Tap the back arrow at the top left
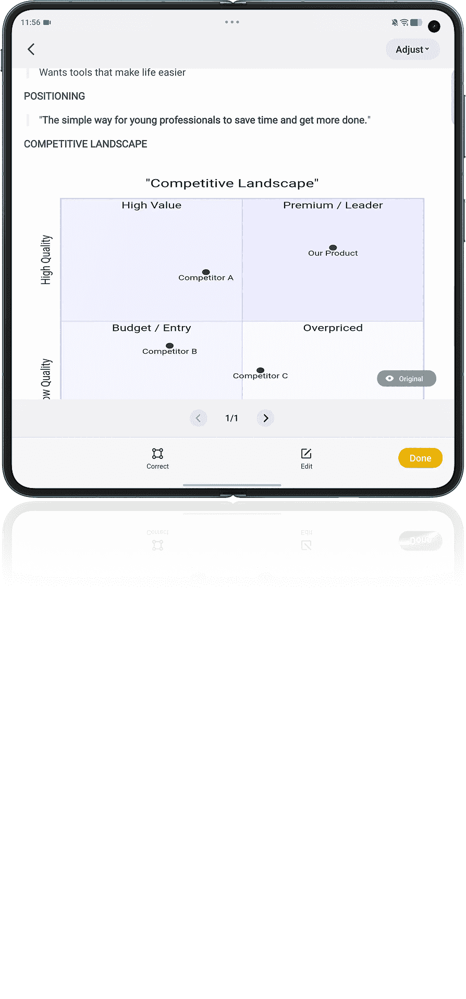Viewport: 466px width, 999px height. click(x=31, y=49)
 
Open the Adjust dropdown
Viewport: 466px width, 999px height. click(x=412, y=49)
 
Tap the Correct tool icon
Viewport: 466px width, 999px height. click(x=157, y=453)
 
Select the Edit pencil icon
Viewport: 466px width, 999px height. click(x=306, y=453)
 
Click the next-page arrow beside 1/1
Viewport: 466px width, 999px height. click(x=266, y=418)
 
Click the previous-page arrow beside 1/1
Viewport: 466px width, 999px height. click(x=198, y=418)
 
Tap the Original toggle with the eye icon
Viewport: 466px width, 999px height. click(x=407, y=379)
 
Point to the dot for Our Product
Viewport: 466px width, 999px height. click(x=333, y=247)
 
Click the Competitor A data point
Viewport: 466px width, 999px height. click(x=206, y=272)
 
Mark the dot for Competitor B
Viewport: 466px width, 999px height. click(x=169, y=345)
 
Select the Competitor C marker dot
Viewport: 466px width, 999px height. click(x=261, y=370)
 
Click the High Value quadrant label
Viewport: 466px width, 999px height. click(x=152, y=205)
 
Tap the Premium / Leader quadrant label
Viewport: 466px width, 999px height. click(x=333, y=205)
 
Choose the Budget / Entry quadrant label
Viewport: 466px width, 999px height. click(x=152, y=328)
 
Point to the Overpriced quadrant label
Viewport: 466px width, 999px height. click(x=333, y=328)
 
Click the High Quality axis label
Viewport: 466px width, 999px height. click(x=46, y=259)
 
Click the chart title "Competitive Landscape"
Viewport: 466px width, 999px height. click(x=232, y=183)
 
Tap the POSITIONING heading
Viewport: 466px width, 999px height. click(x=54, y=96)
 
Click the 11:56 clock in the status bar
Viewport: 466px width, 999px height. click(x=30, y=22)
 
